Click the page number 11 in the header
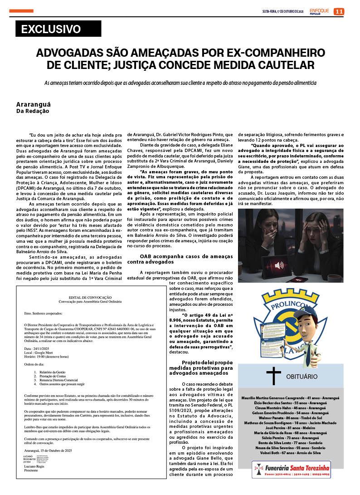click(x=339, y=11)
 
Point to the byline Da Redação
click(x=33, y=111)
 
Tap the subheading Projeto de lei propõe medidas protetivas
click(x=207, y=368)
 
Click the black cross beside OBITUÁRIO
click(x=273, y=376)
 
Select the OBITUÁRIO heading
click(x=302, y=377)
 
